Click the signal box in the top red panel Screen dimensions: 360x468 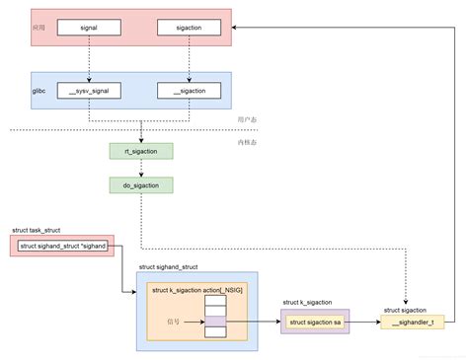click(89, 29)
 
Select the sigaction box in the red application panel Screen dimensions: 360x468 click(189, 29)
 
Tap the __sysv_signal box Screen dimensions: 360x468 click(89, 91)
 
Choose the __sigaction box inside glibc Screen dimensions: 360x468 click(189, 91)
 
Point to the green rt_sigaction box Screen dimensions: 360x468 click(140, 151)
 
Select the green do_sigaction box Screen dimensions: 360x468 click(140, 184)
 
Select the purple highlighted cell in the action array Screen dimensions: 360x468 click(216, 321)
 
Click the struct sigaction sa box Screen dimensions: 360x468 click(315, 321)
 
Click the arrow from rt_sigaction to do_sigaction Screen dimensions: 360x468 click(140, 168)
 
